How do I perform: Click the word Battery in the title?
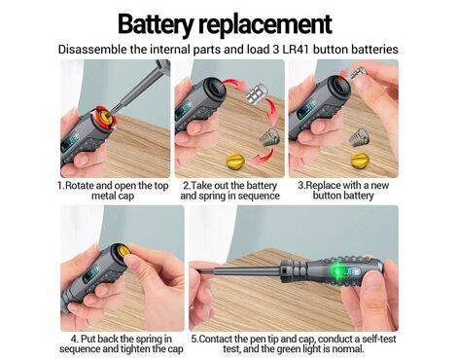coord(156,24)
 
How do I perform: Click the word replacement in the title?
coord(265,24)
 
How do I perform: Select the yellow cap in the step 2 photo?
coord(235,162)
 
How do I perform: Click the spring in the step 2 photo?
coord(266,137)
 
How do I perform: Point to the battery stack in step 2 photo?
coord(257,93)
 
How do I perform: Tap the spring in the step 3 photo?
coord(358,137)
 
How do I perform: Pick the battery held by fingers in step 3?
coord(358,74)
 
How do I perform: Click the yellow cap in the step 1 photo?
coord(106,119)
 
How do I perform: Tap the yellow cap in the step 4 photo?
coord(123,251)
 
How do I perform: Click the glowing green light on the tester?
coord(337,270)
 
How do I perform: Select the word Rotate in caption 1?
coord(80,186)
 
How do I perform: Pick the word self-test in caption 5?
coord(379,339)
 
